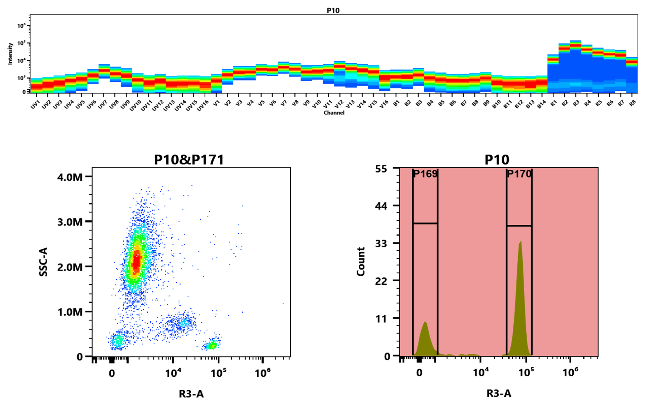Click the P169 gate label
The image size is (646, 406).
point(425,174)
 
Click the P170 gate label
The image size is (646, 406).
point(519,174)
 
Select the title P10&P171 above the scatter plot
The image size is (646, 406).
point(189,160)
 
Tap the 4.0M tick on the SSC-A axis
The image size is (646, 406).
point(70,177)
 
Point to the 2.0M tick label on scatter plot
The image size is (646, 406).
point(70,267)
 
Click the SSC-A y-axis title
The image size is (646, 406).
point(43,262)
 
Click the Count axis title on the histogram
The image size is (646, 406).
point(361,262)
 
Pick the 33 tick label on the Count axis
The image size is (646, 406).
point(381,243)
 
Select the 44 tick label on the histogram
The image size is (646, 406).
point(381,206)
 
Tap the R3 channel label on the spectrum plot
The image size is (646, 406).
point(576,103)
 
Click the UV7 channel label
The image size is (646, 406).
point(103,104)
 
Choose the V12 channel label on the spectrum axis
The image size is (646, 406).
point(339,104)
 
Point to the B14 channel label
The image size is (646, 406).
point(541,104)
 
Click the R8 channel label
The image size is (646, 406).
point(632,103)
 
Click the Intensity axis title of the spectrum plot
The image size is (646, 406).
point(10,53)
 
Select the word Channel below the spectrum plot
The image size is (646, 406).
point(334,113)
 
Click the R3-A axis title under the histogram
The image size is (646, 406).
point(499,393)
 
